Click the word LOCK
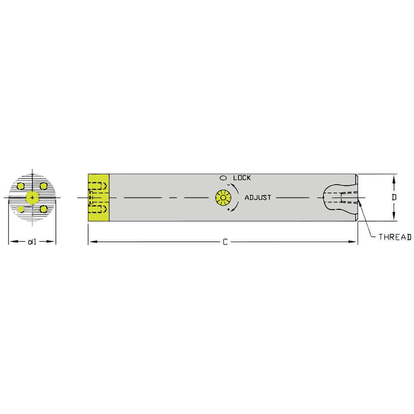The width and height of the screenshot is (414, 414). click(x=242, y=178)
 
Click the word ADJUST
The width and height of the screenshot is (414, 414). click(x=258, y=197)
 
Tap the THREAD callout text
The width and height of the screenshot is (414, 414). click(x=395, y=237)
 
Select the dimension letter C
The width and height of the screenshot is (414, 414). click(x=225, y=242)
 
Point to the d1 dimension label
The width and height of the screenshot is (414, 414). click(x=32, y=242)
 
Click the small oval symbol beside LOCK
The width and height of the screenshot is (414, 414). click(x=223, y=178)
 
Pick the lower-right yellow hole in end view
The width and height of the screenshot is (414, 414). click(x=43, y=209)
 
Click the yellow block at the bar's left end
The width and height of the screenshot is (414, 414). click(x=99, y=197)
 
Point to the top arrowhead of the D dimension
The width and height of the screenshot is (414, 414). click(x=394, y=178)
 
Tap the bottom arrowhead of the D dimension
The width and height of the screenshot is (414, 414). click(x=394, y=218)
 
